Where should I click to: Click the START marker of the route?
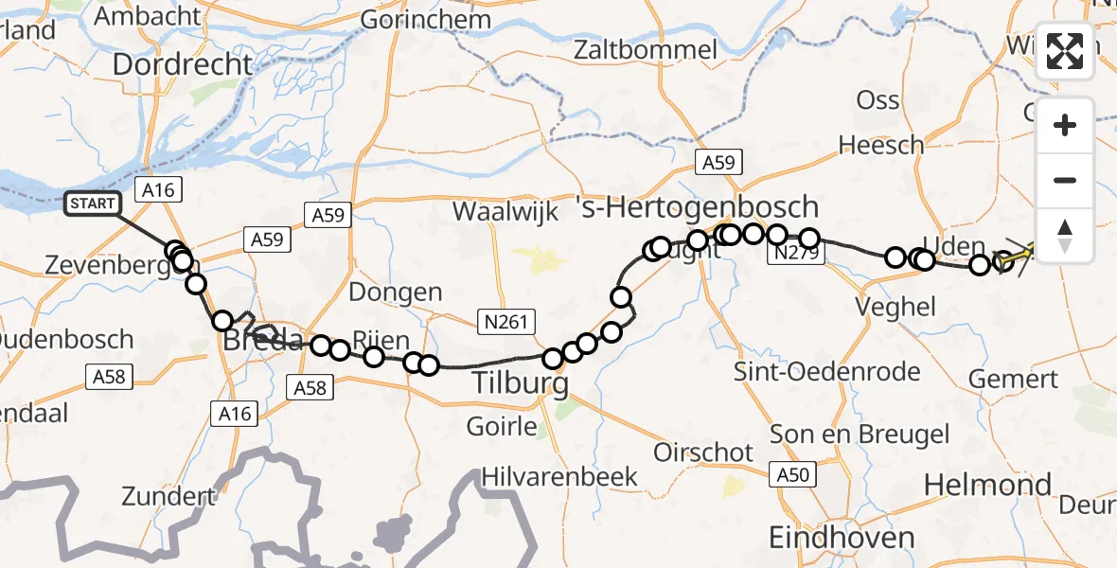tap(93, 203)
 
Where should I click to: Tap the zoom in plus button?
tap(1065, 125)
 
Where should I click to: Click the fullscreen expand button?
tap(1065, 51)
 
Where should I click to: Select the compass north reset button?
tap(1065, 235)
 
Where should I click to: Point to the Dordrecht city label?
tap(183, 65)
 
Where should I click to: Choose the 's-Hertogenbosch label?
tap(698, 206)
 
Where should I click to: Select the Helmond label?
tap(986, 486)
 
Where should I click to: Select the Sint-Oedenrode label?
tap(832, 371)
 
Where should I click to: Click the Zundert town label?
tap(168, 496)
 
